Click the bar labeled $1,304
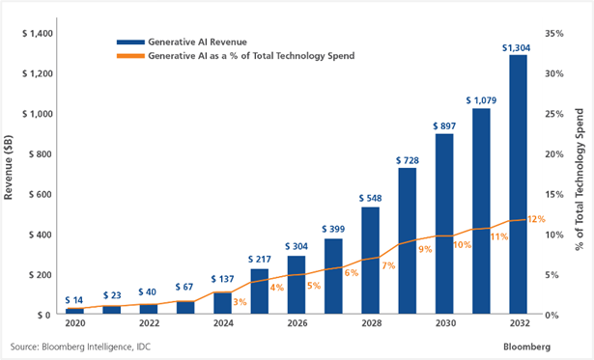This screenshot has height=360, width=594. click(x=517, y=184)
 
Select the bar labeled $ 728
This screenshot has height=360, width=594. click(x=407, y=241)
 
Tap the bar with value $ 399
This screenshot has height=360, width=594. click(x=333, y=275)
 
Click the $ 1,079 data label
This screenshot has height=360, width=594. click(x=480, y=99)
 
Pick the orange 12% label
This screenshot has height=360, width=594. click(x=536, y=220)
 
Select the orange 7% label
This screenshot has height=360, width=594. click(x=388, y=264)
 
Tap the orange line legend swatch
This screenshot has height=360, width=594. click(x=130, y=57)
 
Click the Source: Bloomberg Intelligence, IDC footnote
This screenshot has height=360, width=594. click(x=80, y=346)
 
